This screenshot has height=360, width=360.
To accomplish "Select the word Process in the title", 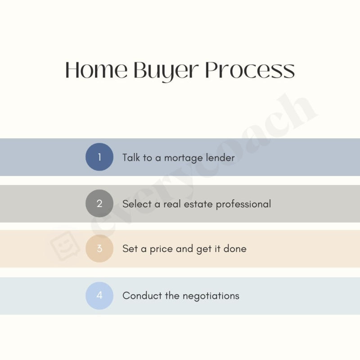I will (250, 71).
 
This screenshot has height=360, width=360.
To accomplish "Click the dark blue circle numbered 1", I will (99, 157).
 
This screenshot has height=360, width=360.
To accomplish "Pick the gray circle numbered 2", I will (99, 203).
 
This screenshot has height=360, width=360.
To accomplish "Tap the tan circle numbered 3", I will (99, 248).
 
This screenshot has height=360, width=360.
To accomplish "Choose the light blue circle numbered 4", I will (99, 296).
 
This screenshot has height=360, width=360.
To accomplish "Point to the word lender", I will (220, 157).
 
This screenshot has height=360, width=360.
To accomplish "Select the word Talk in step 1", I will (131, 157).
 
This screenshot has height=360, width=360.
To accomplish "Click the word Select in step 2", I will (137, 204).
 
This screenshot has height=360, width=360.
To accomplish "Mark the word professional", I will (243, 204).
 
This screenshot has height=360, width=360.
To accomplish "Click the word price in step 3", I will (161, 249).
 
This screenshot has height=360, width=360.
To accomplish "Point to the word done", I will (235, 248).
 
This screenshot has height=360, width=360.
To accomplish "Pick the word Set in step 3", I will (130, 248).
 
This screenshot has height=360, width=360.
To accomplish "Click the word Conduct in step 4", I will (139, 296).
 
